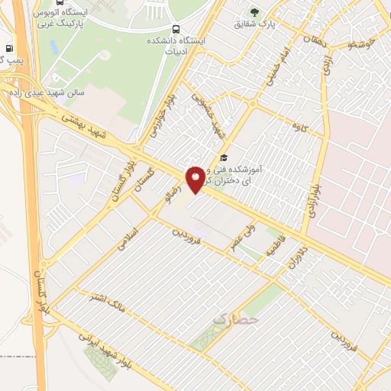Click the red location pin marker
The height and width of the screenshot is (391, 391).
(196, 179)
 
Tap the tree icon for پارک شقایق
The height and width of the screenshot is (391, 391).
(254, 12)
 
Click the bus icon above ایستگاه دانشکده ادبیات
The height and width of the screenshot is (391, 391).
(177, 30)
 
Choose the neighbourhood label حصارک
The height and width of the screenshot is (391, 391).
(234, 321)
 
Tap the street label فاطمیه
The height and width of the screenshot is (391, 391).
(273, 245)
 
